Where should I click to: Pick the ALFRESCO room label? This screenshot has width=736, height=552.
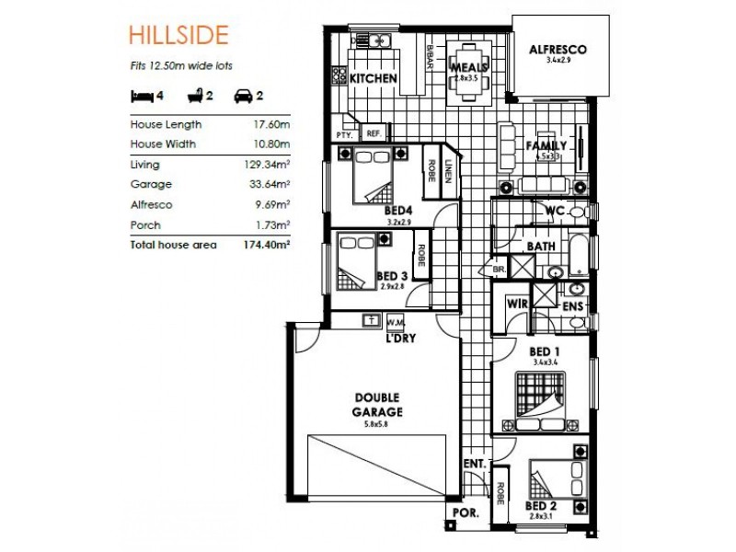point(558,50)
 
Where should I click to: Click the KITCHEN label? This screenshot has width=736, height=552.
point(373,79)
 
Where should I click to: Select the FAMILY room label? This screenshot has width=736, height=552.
point(546,146)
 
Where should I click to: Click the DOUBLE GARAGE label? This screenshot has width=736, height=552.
point(378,403)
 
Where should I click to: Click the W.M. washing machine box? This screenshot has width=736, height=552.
point(397,322)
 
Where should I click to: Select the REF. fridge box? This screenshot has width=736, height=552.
point(374,132)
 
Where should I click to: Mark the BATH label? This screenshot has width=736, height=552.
point(539,247)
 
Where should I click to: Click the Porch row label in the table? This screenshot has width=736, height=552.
point(145,225)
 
